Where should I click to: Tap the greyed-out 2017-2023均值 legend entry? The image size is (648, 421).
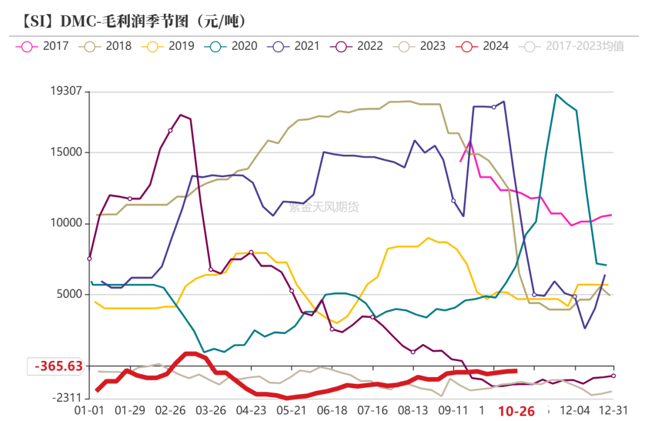[574, 46]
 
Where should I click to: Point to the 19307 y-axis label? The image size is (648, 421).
[66, 92]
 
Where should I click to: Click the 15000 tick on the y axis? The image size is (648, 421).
[66, 153]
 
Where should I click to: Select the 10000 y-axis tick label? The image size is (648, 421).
[66, 223]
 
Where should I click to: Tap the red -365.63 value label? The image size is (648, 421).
[58, 366]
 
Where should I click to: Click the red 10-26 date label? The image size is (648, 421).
[516, 411]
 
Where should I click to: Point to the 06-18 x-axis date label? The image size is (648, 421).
[332, 411]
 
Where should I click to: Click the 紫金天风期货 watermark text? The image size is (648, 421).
[324, 207]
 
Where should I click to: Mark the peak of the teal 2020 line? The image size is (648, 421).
[556, 94]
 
